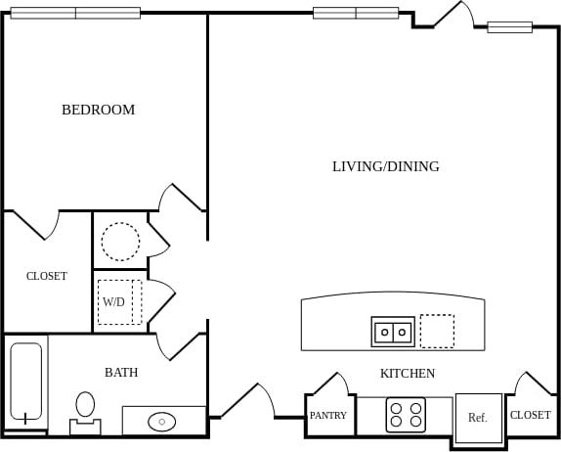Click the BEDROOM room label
(98, 110)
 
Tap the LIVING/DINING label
(385, 166)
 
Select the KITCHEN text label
(407, 374)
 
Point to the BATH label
(121, 373)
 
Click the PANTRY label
(328, 416)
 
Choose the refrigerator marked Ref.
(478, 417)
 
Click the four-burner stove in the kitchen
(406, 415)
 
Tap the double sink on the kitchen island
(393, 332)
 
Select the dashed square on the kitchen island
(437, 331)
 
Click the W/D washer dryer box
(119, 302)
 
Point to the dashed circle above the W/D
(120, 241)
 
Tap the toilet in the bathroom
(85, 411)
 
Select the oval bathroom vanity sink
(161, 422)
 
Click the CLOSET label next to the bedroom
(46, 276)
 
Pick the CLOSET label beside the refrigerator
(530, 415)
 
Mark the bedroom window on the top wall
(75, 14)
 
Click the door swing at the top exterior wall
(452, 16)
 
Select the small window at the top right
(509, 27)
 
